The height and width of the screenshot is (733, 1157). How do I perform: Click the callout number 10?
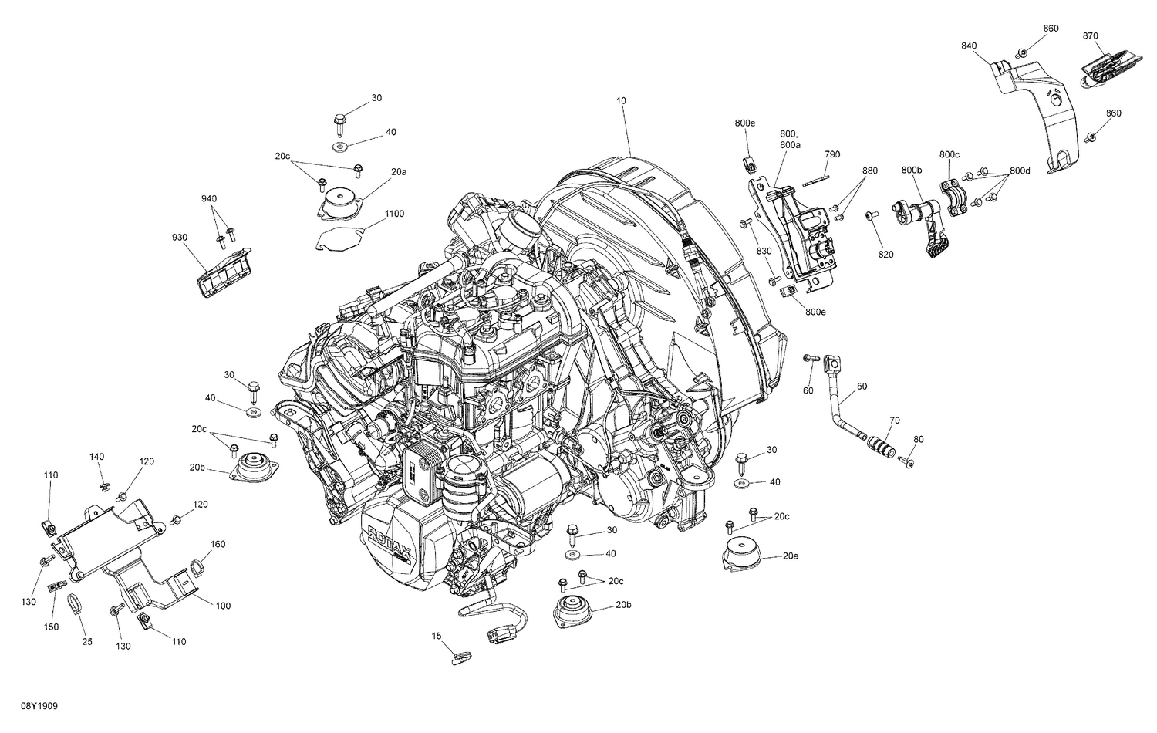622,100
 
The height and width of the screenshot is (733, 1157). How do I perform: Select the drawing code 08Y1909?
26,706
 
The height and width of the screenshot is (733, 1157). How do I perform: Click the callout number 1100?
393,214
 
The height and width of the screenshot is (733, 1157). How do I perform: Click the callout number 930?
180,238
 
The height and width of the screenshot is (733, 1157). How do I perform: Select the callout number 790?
831,154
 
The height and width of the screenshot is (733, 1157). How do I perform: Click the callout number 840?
969,46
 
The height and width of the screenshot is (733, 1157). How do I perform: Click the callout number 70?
895,421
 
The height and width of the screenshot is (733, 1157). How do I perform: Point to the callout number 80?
918,440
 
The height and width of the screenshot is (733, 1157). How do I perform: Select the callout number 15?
437,636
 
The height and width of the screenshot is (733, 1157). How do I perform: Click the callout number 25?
87,642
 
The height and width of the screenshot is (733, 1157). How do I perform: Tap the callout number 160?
218,544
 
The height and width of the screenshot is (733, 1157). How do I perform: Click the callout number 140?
96,457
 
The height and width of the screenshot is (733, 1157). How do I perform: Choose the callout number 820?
885,255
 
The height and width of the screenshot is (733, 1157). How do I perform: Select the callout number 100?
223,606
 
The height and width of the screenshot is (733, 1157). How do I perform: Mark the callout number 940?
209,198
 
